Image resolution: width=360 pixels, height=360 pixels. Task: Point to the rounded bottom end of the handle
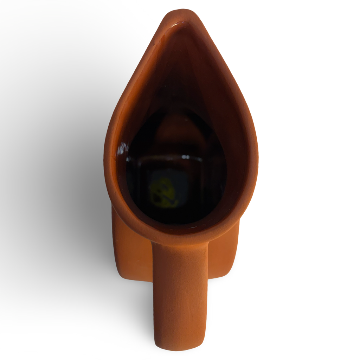(180, 346)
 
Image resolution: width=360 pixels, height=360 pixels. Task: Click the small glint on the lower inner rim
(197, 229)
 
